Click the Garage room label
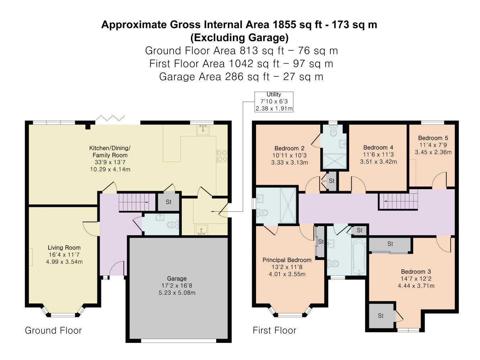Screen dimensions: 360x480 [177, 279]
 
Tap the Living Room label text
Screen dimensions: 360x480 [64, 248]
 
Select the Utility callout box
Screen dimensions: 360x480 [274, 102]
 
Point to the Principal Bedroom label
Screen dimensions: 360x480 [287, 260]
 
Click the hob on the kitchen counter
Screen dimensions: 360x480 [222, 156]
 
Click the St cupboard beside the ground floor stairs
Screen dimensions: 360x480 [169, 202]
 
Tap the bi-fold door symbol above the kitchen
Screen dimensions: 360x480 [110, 118]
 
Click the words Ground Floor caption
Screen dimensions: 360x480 [53, 331]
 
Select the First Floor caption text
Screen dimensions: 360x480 [274, 331]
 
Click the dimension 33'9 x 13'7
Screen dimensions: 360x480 [110, 162]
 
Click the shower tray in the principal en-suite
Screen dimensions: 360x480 [288, 206]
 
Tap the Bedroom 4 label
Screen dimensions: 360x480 [378, 147]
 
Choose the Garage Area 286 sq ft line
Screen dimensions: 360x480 [241, 77]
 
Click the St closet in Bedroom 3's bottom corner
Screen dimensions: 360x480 [380, 316]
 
